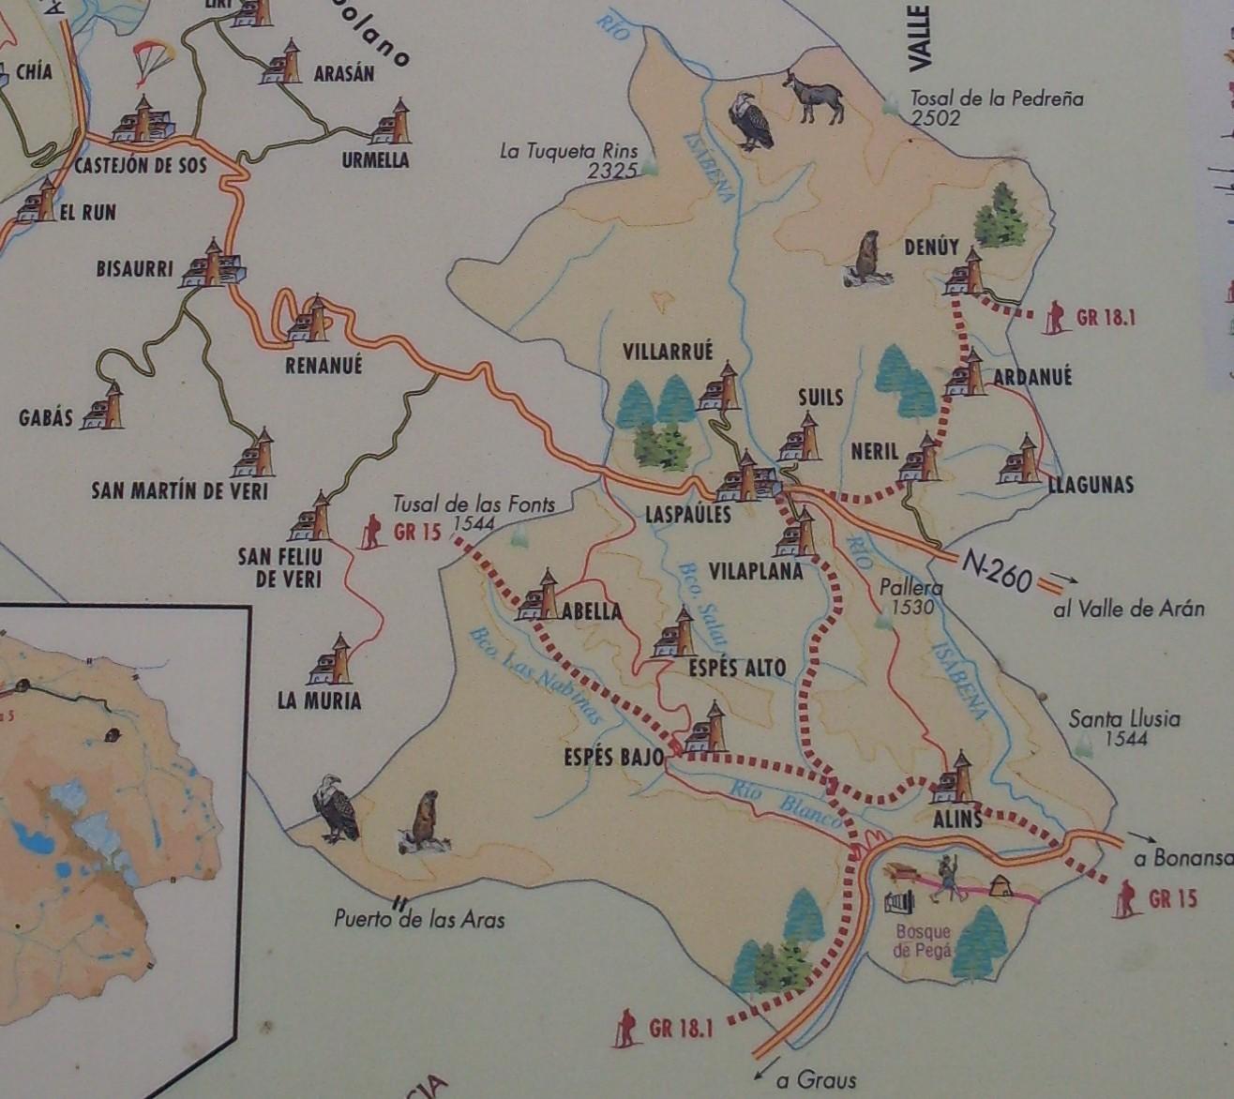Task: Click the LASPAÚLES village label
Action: tap(687, 514)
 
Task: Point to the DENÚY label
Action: tap(931, 248)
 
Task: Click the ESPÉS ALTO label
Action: tap(738, 669)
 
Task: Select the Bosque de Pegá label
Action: tap(924, 941)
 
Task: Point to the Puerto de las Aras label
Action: tap(419, 919)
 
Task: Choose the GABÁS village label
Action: tap(45, 418)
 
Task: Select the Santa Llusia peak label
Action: tap(1124, 720)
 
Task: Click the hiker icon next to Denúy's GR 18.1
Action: tap(1057, 316)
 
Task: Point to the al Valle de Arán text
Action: tap(1129, 609)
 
